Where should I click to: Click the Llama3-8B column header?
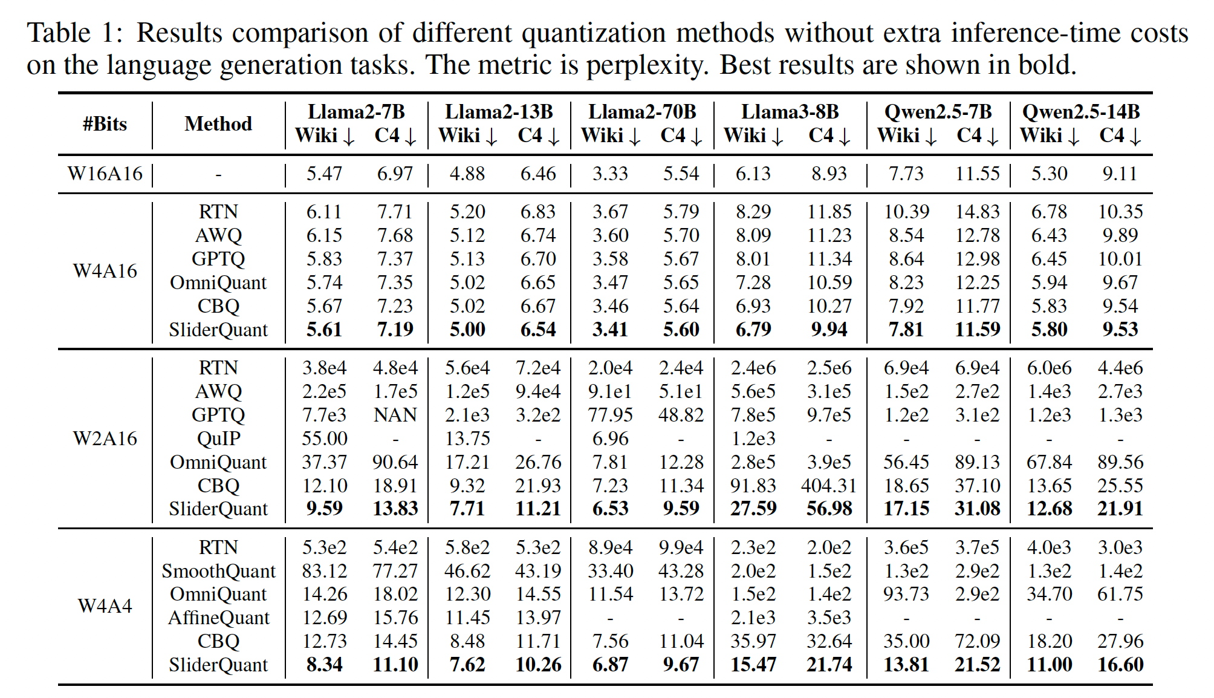click(x=790, y=112)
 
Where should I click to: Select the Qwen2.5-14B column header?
click(x=1080, y=112)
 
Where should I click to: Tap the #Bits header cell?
click(x=105, y=124)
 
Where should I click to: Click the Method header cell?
click(x=218, y=124)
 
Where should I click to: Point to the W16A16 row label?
click(x=105, y=174)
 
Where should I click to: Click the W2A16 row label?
click(x=105, y=439)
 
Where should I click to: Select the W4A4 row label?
click(x=105, y=606)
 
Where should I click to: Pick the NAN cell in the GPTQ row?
click(x=395, y=415)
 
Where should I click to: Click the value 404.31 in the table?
click(x=829, y=486)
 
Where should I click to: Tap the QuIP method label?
click(x=218, y=439)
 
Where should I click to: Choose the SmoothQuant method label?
click(x=218, y=571)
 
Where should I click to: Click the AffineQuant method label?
click(x=218, y=618)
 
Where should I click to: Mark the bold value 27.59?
click(x=753, y=509)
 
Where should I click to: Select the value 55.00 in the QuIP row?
click(x=325, y=439)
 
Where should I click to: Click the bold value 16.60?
click(x=1120, y=665)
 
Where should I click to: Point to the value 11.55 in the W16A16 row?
click(x=977, y=174)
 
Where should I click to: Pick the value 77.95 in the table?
click(x=610, y=415)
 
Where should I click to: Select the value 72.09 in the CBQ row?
click(x=977, y=641)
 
